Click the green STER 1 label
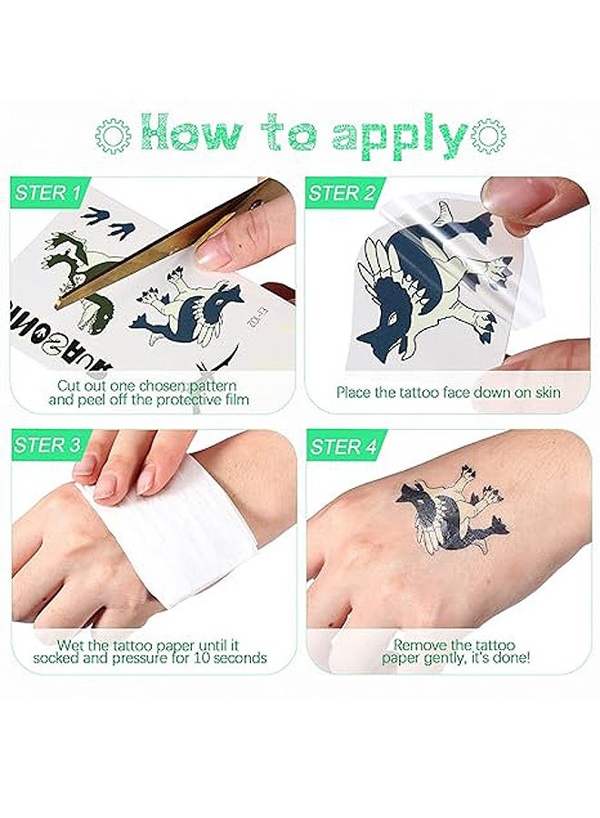tap(48, 193)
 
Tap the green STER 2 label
tap(342, 193)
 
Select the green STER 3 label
tap(48, 444)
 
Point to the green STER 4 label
tap(342, 446)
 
